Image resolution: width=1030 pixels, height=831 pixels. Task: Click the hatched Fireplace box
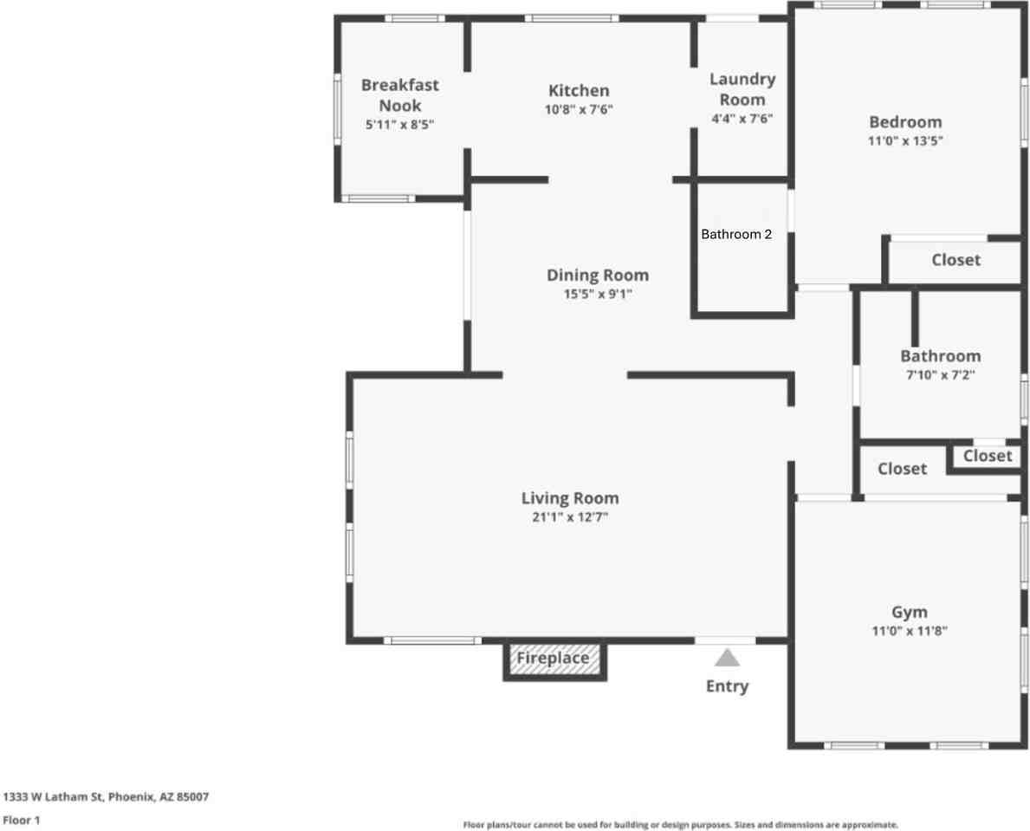tap(554, 659)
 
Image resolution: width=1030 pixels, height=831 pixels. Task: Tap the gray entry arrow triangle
tap(727, 658)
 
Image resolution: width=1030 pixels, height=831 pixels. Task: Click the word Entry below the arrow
tap(727, 686)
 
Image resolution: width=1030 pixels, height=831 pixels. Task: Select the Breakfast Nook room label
tap(399, 95)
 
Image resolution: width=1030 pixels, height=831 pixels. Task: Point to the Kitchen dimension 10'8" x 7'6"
tap(579, 109)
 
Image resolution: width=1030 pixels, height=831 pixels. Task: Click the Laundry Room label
tap(742, 89)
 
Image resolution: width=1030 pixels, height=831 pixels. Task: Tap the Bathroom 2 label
tap(736, 234)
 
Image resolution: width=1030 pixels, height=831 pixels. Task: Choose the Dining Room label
tap(597, 276)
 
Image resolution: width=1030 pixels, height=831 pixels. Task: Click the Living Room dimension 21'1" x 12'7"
tap(570, 516)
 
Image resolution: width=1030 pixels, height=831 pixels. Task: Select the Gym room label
tap(910, 612)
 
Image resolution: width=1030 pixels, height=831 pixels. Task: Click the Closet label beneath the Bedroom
tap(956, 260)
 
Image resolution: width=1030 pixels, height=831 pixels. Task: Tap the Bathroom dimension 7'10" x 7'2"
tap(940, 375)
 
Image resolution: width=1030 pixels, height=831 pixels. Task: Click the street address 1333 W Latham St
tap(106, 796)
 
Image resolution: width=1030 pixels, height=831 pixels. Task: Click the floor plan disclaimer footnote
tap(680, 825)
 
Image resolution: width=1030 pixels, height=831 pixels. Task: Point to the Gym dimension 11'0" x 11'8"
tap(910, 631)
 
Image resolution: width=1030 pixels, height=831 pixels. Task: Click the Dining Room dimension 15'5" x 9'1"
tap(597, 295)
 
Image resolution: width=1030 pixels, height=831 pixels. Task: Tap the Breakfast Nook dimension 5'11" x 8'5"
tap(399, 125)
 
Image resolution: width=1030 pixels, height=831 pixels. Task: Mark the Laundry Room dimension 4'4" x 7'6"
tap(742, 119)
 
